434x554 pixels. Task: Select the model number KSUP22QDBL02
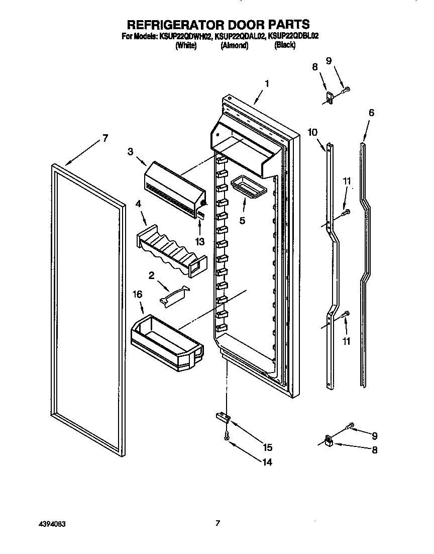coord(293,36)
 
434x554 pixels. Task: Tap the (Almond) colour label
coord(235,45)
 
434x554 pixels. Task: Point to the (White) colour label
coord(185,45)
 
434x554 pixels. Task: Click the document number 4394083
coord(52,523)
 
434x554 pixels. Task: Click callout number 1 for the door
coord(267,84)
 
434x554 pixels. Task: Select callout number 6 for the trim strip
coord(371,113)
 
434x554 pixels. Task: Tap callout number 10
coord(313,132)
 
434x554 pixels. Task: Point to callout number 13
coord(200,242)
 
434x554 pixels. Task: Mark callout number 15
coord(268,447)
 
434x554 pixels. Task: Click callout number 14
coord(267,462)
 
